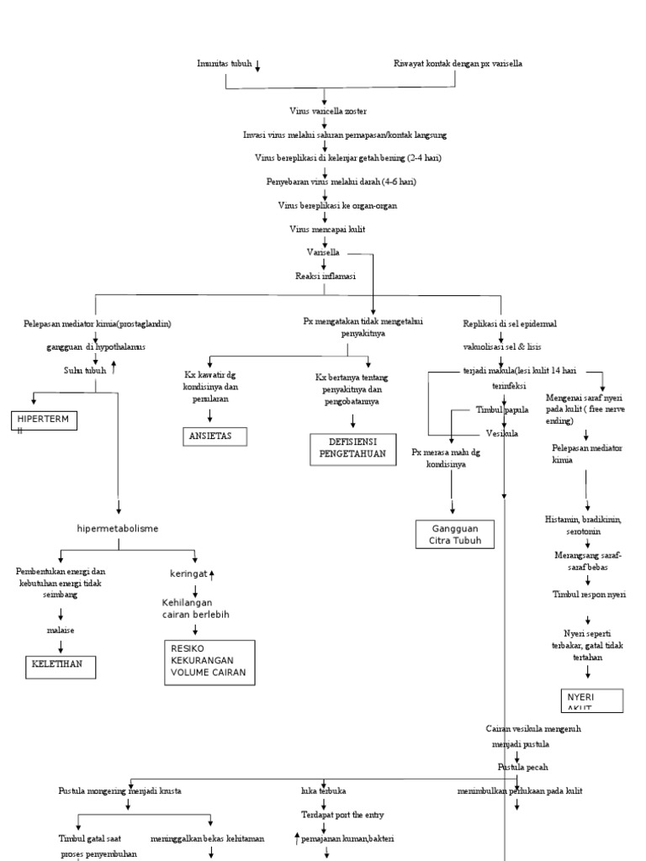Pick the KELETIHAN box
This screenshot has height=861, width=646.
pyautogui.click(x=60, y=667)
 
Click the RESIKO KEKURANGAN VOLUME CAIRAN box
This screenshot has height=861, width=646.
pyautogui.click(x=210, y=662)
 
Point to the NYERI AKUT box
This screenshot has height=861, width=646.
pyautogui.click(x=592, y=700)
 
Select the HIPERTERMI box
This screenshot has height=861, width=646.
pyautogui.click(x=44, y=420)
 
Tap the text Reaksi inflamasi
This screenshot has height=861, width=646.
pyautogui.click(x=325, y=276)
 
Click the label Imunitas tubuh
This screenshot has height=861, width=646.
pyautogui.click(x=224, y=64)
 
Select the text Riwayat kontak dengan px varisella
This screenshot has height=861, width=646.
pyautogui.click(x=458, y=64)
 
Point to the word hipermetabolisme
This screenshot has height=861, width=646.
pyautogui.click(x=117, y=528)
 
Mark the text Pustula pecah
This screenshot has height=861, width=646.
pyautogui.click(x=520, y=768)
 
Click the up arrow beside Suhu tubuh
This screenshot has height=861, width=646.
pyautogui.click(x=113, y=367)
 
